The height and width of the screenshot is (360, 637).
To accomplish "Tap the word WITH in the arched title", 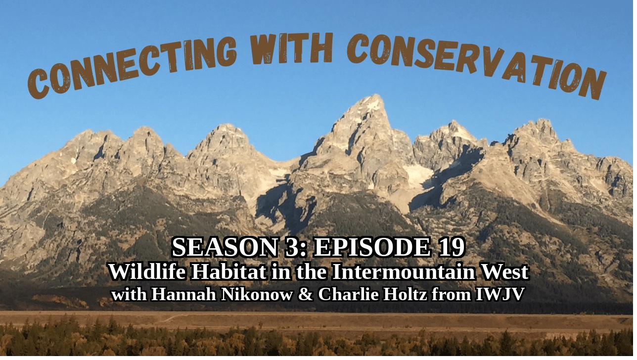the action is tap(291, 48).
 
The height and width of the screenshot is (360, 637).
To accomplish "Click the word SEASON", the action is tap(225, 247).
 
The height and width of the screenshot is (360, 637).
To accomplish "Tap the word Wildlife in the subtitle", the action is tap(147, 272).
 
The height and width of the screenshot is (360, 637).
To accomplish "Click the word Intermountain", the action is tap(404, 272).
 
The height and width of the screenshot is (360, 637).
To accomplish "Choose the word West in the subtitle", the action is tap(504, 272).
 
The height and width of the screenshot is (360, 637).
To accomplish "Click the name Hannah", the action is tap(183, 294).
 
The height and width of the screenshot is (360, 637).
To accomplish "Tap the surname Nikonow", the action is tap(257, 294).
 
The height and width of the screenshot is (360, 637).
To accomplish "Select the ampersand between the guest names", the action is tap(306, 294).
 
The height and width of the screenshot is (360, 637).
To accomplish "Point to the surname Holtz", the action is tap(405, 294).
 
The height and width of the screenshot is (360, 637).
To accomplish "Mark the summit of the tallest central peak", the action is tap(377, 95).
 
